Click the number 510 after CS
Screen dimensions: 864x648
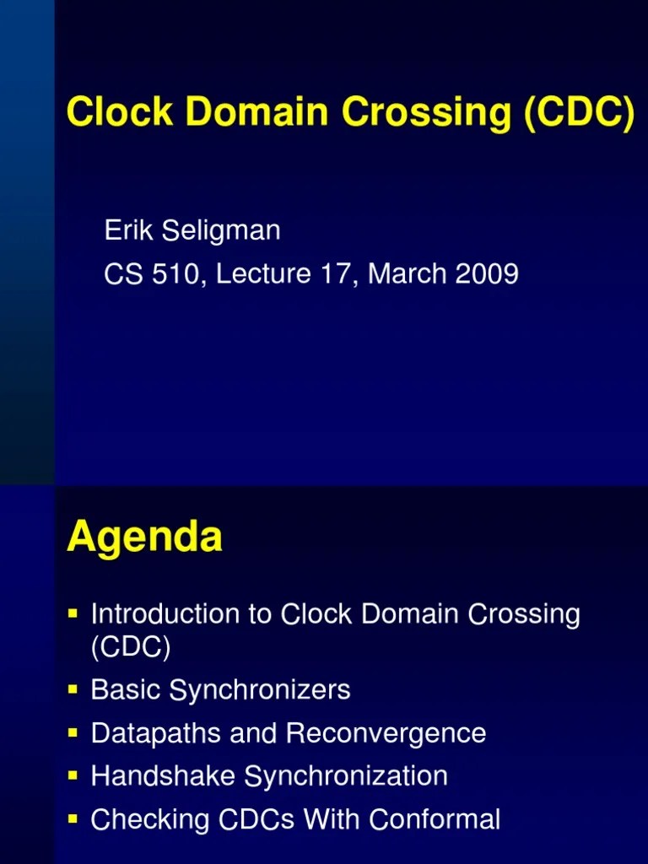pyautogui.click(x=171, y=274)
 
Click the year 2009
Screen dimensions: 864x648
pyautogui.click(x=489, y=274)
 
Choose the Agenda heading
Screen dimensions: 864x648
pyautogui.click(x=144, y=537)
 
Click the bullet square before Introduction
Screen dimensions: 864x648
pyautogui.click(x=73, y=609)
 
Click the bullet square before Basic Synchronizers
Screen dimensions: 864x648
pyautogui.click(x=73, y=690)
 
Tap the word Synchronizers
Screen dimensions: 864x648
pyautogui.click(x=260, y=691)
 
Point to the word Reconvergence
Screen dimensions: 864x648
pyautogui.click(x=386, y=733)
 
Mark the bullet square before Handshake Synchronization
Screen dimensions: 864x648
pyautogui.click(x=73, y=775)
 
